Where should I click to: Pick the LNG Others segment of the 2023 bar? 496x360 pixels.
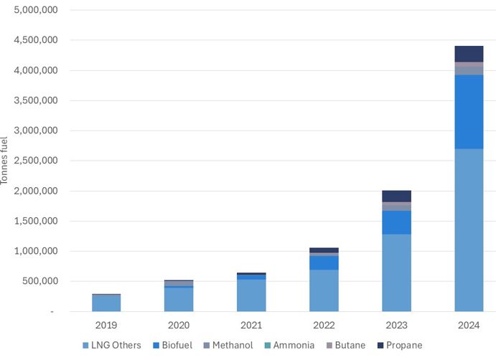pos(396,273)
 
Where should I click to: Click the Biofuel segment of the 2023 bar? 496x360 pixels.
pos(396,222)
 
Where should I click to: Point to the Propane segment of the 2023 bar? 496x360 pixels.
pos(396,196)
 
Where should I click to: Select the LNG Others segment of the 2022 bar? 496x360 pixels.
pos(324,290)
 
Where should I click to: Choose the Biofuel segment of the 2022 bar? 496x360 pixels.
pos(324,262)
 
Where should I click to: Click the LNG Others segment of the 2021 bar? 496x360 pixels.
pos(251,295)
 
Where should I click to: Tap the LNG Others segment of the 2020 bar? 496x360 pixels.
pos(179,300)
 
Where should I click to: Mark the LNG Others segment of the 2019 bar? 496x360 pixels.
pos(106,303)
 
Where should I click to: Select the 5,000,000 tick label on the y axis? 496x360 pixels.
pos(34,11)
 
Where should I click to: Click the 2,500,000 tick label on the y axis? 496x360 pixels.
pos(34,161)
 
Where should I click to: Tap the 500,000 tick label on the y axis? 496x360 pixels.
pos(37,282)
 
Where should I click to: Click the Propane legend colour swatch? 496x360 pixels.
pos(380,345)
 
